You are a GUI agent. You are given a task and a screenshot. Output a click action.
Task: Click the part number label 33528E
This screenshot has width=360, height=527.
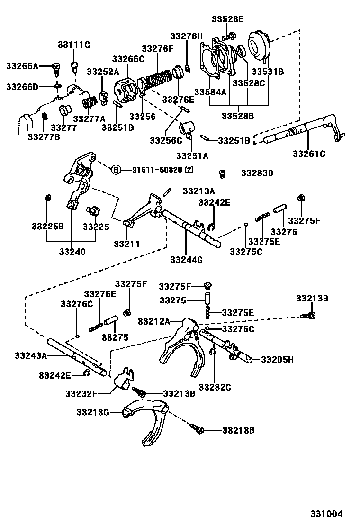pyautogui.click(x=227, y=19)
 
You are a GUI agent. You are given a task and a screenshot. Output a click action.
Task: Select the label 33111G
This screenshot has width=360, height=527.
pyautogui.click(x=74, y=45)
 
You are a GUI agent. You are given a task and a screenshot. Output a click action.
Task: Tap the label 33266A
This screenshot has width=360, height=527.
pyautogui.click(x=22, y=66)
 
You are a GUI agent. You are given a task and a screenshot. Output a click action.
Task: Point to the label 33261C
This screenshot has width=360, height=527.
pyautogui.click(x=309, y=153)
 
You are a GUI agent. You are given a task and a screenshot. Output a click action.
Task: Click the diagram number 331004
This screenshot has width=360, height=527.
pyautogui.click(x=326, y=513)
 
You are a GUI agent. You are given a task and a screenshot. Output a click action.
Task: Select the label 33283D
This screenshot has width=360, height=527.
pyautogui.click(x=257, y=173)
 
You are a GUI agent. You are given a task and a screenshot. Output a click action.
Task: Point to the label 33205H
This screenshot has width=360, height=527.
pyautogui.click(x=277, y=360)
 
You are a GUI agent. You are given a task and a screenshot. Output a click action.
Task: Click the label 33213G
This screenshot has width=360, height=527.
pyautogui.click(x=93, y=412)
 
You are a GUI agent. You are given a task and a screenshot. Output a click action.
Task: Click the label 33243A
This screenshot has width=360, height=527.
pyautogui.click(x=31, y=355)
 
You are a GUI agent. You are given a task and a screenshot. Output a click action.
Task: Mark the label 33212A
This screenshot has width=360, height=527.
pyautogui.click(x=154, y=321)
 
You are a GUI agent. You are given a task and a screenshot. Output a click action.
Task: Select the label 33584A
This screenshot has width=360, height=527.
pyautogui.click(x=210, y=92)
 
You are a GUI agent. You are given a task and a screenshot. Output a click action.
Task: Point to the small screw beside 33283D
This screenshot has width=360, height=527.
pyautogui.click(x=222, y=173)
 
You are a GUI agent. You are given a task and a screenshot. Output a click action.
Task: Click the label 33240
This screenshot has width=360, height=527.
pyautogui.click(x=72, y=252)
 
